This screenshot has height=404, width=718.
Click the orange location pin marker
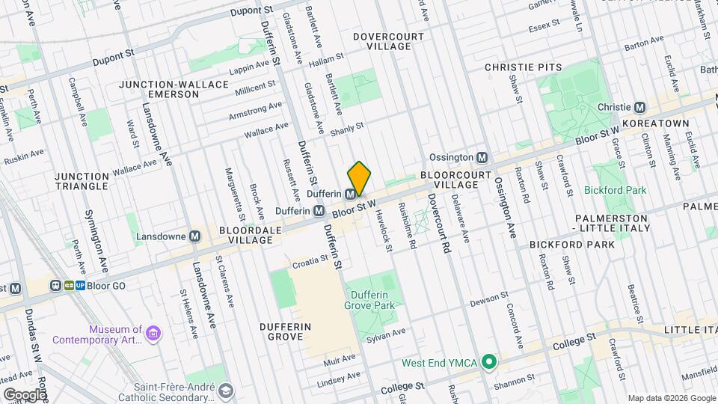(359, 178)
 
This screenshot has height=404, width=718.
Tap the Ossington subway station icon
(482, 158)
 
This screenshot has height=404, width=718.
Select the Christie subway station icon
(639, 107)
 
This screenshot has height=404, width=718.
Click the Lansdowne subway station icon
(195, 236)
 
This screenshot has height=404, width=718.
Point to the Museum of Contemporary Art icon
(153, 333)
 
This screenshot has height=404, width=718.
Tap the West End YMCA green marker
(489, 363)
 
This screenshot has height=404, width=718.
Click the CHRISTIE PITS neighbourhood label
(523, 67)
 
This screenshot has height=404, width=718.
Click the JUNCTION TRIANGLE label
(82, 182)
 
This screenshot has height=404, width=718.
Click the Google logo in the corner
(25, 394)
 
